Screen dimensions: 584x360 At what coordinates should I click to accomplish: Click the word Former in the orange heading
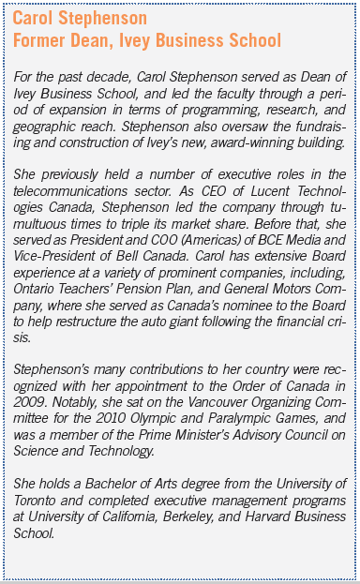(40, 40)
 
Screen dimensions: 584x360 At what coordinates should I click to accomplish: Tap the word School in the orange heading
(247, 40)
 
